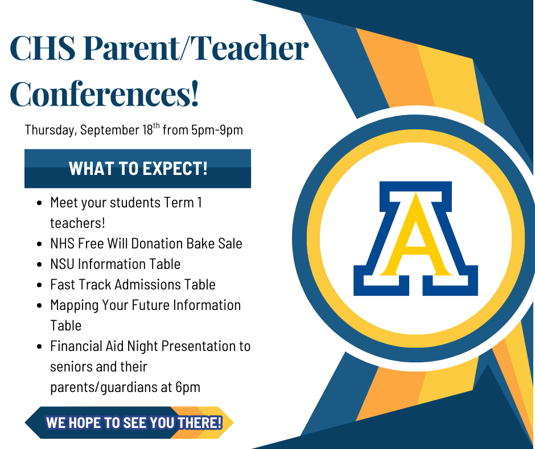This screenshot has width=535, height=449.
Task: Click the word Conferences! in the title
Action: [x=104, y=93]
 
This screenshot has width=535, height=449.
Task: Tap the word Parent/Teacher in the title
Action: [x=196, y=48]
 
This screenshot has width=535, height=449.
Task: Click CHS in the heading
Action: [x=43, y=48]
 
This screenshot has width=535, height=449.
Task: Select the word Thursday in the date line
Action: [x=51, y=130]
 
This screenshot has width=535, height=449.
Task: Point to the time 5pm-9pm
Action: [x=217, y=130]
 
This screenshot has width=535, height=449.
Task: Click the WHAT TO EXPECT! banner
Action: [x=138, y=169]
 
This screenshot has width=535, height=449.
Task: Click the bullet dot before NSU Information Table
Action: [x=39, y=264]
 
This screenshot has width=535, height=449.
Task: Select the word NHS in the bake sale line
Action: [x=62, y=244]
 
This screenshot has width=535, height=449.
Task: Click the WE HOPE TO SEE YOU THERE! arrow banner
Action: [x=129, y=423]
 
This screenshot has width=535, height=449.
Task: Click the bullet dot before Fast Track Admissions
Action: [x=39, y=285]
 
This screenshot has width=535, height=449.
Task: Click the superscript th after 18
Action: [x=157, y=125]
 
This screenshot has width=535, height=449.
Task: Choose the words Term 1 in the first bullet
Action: [x=183, y=203]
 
